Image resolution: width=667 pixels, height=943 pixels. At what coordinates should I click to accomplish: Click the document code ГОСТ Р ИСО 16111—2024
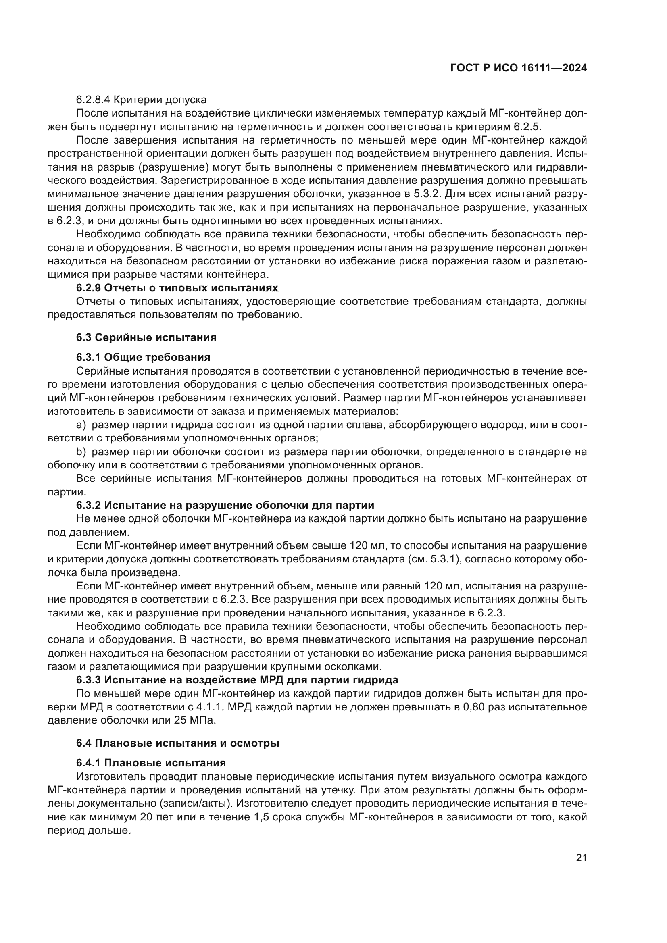pyautogui.click(x=518, y=68)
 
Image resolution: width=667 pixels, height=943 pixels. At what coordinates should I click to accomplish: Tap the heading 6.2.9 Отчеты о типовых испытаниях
pyautogui.click(x=177, y=287)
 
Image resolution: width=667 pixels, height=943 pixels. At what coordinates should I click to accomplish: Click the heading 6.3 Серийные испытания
pyautogui.click(x=146, y=337)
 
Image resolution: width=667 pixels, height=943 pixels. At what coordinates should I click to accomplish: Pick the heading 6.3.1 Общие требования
pyautogui.click(x=143, y=357)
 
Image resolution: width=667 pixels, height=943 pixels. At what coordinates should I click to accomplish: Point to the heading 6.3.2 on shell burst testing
pyautogui.click(x=225, y=505)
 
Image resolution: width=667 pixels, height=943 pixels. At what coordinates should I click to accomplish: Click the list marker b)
pyautogui.click(x=81, y=452)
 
